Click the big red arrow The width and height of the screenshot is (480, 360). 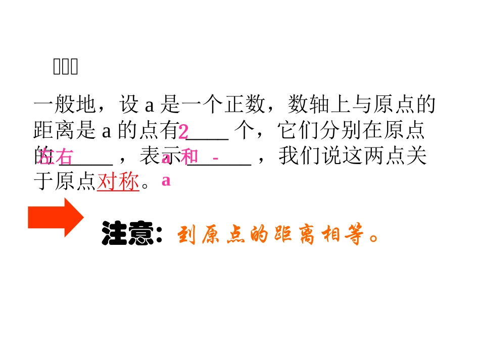(x=55, y=218)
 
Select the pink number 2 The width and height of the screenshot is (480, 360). (x=183, y=132)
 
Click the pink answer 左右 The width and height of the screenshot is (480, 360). (x=56, y=157)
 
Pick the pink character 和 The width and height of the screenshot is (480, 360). (x=189, y=157)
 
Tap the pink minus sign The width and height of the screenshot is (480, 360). (x=216, y=159)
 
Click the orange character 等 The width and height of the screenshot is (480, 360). (x=356, y=236)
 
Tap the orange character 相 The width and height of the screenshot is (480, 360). (x=332, y=236)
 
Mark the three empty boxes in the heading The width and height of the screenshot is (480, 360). (x=66, y=67)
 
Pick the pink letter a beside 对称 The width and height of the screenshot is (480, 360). (x=166, y=181)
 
